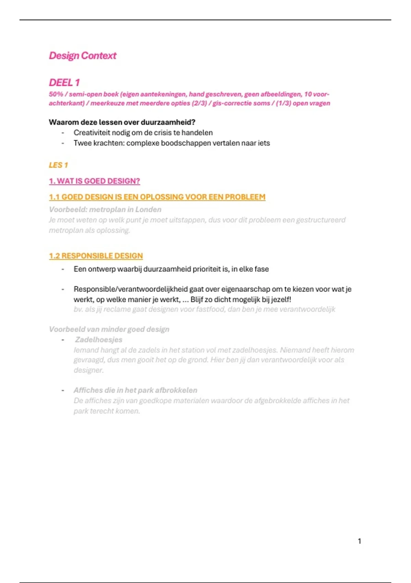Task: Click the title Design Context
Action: tap(83, 56)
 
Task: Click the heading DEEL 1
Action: tap(64, 83)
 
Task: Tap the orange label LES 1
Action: tap(58, 165)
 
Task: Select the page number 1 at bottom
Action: tap(359, 541)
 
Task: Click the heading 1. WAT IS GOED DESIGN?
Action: tap(94, 181)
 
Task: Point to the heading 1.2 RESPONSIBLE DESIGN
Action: tap(96, 256)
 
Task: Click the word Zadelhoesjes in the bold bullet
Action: tap(99, 340)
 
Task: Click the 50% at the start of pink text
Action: tap(56, 94)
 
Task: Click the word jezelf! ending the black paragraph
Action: tap(281, 299)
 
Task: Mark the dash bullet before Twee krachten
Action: tap(63, 143)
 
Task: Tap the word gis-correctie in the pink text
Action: tap(232, 103)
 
